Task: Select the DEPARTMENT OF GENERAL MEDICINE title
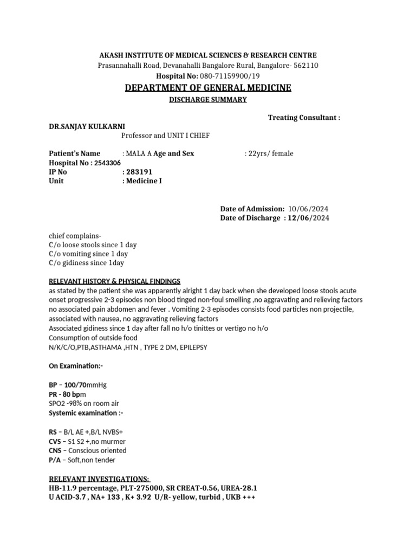(208, 88)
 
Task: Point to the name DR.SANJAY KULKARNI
(87, 126)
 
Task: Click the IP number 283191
(138, 172)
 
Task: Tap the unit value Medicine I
(144, 181)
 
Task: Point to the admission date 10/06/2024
(309, 209)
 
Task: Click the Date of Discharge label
(251, 218)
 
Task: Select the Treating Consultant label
(304, 118)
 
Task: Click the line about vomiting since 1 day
(88, 254)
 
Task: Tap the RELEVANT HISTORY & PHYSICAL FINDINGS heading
(114, 281)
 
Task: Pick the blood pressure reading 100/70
(75, 385)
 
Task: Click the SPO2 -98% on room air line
(84, 403)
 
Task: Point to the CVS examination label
(55, 441)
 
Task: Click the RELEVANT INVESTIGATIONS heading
(99, 479)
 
